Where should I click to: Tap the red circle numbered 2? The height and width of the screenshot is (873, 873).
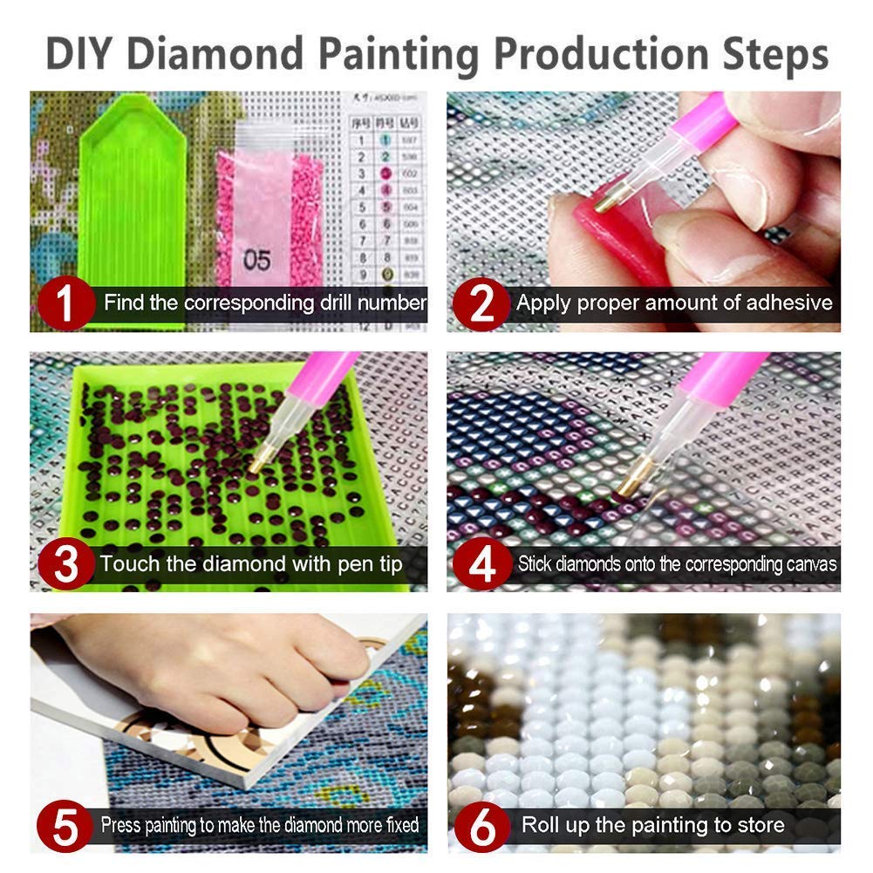pos(481,302)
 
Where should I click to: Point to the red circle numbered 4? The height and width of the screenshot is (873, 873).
pos(481,563)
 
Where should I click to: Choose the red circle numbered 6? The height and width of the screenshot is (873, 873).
pos(481,824)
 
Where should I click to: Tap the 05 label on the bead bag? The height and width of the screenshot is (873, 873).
pos(256,260)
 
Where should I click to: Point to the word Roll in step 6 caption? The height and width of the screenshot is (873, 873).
pos(541,824)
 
